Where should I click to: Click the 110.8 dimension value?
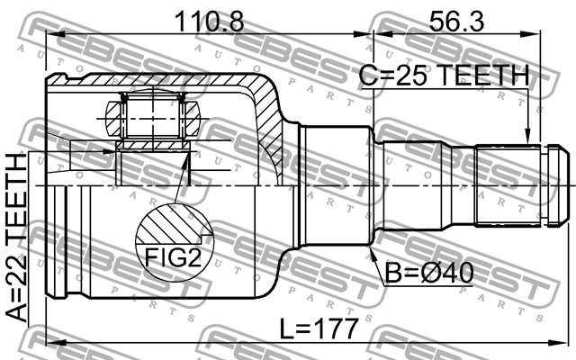click(x=210, y=21)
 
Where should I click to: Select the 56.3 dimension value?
click(x=456, y=21)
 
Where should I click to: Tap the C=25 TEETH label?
click(x=444, y=76)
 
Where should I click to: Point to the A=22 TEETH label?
click(x=17, y=238)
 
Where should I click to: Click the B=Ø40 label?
click(x=429, y=274)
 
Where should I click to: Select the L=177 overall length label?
click(x=319, y=328)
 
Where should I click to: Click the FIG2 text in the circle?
click(x=174, y=257)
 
